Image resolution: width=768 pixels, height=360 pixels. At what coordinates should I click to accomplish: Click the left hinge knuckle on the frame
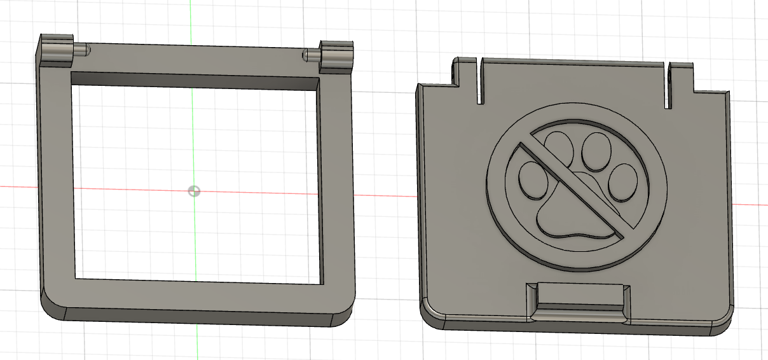(55, 49)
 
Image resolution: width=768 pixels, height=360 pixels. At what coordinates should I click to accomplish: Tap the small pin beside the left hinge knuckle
(83, 50)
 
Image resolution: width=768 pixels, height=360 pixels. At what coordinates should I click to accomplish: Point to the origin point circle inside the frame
(195, 191)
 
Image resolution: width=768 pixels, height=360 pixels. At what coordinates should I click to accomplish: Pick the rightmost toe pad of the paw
(621, 183)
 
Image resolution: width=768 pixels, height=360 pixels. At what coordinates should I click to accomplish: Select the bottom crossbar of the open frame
(197, 293)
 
